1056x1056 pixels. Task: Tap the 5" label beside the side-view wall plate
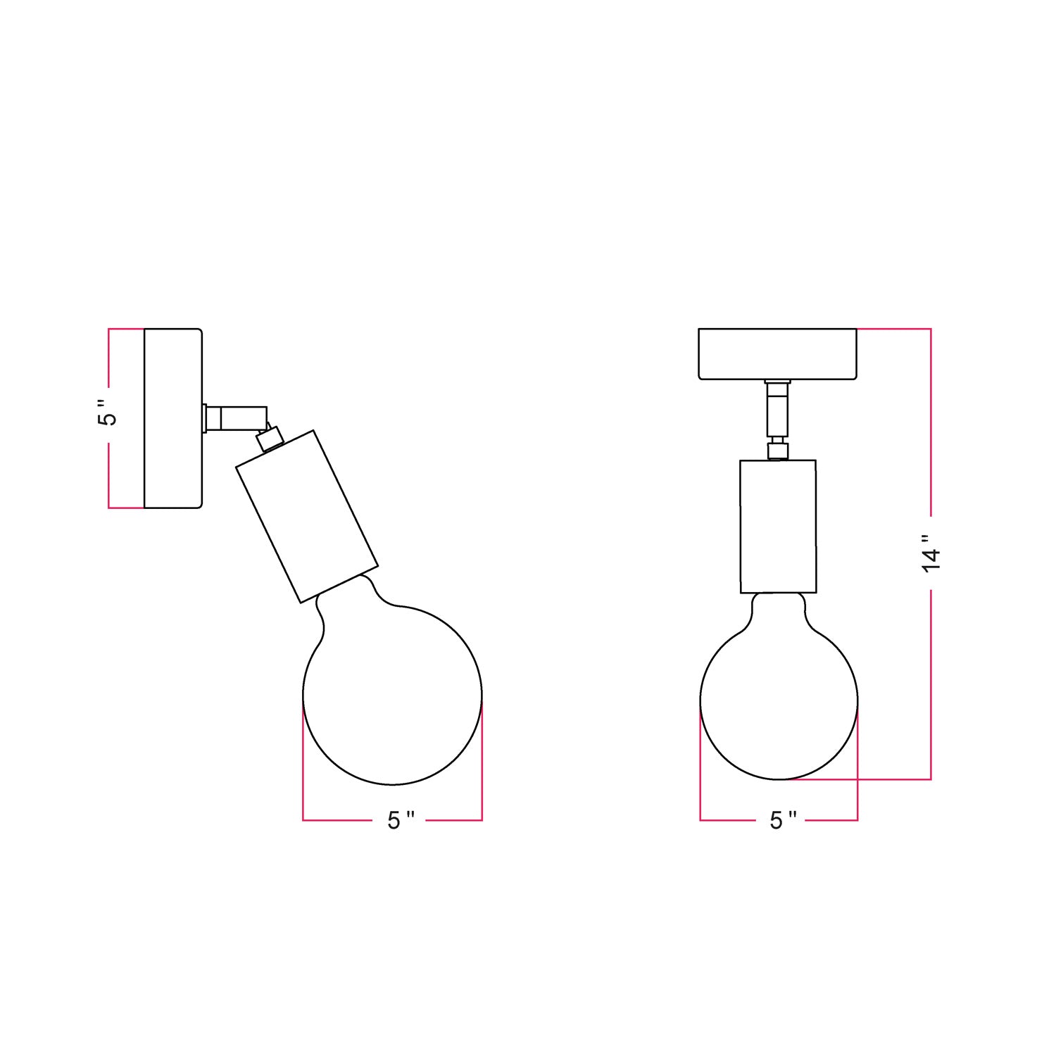[108, 414]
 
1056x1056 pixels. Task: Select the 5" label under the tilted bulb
[400, 820]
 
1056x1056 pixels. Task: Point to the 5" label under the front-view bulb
[782, 820]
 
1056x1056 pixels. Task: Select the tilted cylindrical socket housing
[306, 516]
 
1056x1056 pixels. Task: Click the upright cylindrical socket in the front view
[778, 526]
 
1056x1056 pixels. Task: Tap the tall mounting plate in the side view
[172, 418]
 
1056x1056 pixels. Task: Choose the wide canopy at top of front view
[777, 353]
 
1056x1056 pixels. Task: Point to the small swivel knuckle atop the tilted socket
[269, 438]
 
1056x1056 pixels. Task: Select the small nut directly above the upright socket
[777, 449]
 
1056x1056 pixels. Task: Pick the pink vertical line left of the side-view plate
[108, 479]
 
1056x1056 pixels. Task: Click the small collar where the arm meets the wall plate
[205, 417]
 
